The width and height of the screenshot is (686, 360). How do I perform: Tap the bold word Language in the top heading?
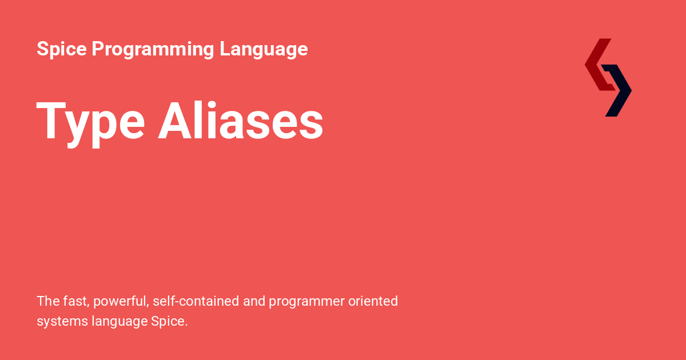264,49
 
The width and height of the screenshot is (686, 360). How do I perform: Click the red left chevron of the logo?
598,64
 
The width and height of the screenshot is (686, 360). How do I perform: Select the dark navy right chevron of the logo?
619,90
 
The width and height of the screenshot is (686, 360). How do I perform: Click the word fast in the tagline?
76,301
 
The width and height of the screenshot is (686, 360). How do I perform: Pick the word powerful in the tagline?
119,301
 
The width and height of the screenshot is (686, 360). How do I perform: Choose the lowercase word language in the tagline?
119,322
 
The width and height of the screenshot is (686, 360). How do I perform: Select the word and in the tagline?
253,301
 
